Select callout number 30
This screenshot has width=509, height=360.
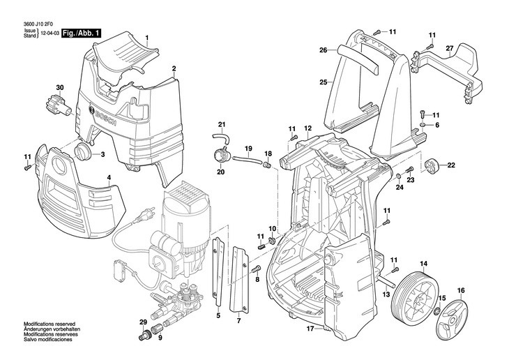tap(59, 87)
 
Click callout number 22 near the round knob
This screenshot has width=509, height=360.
tap(450, 165)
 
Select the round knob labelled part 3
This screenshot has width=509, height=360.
tap(84, 153)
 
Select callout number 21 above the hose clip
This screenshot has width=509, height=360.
tap(222, 125)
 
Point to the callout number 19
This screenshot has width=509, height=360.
tap(247, 149)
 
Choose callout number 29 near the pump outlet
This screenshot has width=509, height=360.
tap(142, 321)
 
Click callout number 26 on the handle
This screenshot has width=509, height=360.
tap(323, 50)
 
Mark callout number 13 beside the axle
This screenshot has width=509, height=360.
tap(384, 294)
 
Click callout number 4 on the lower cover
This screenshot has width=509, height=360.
tap(108, 178)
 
